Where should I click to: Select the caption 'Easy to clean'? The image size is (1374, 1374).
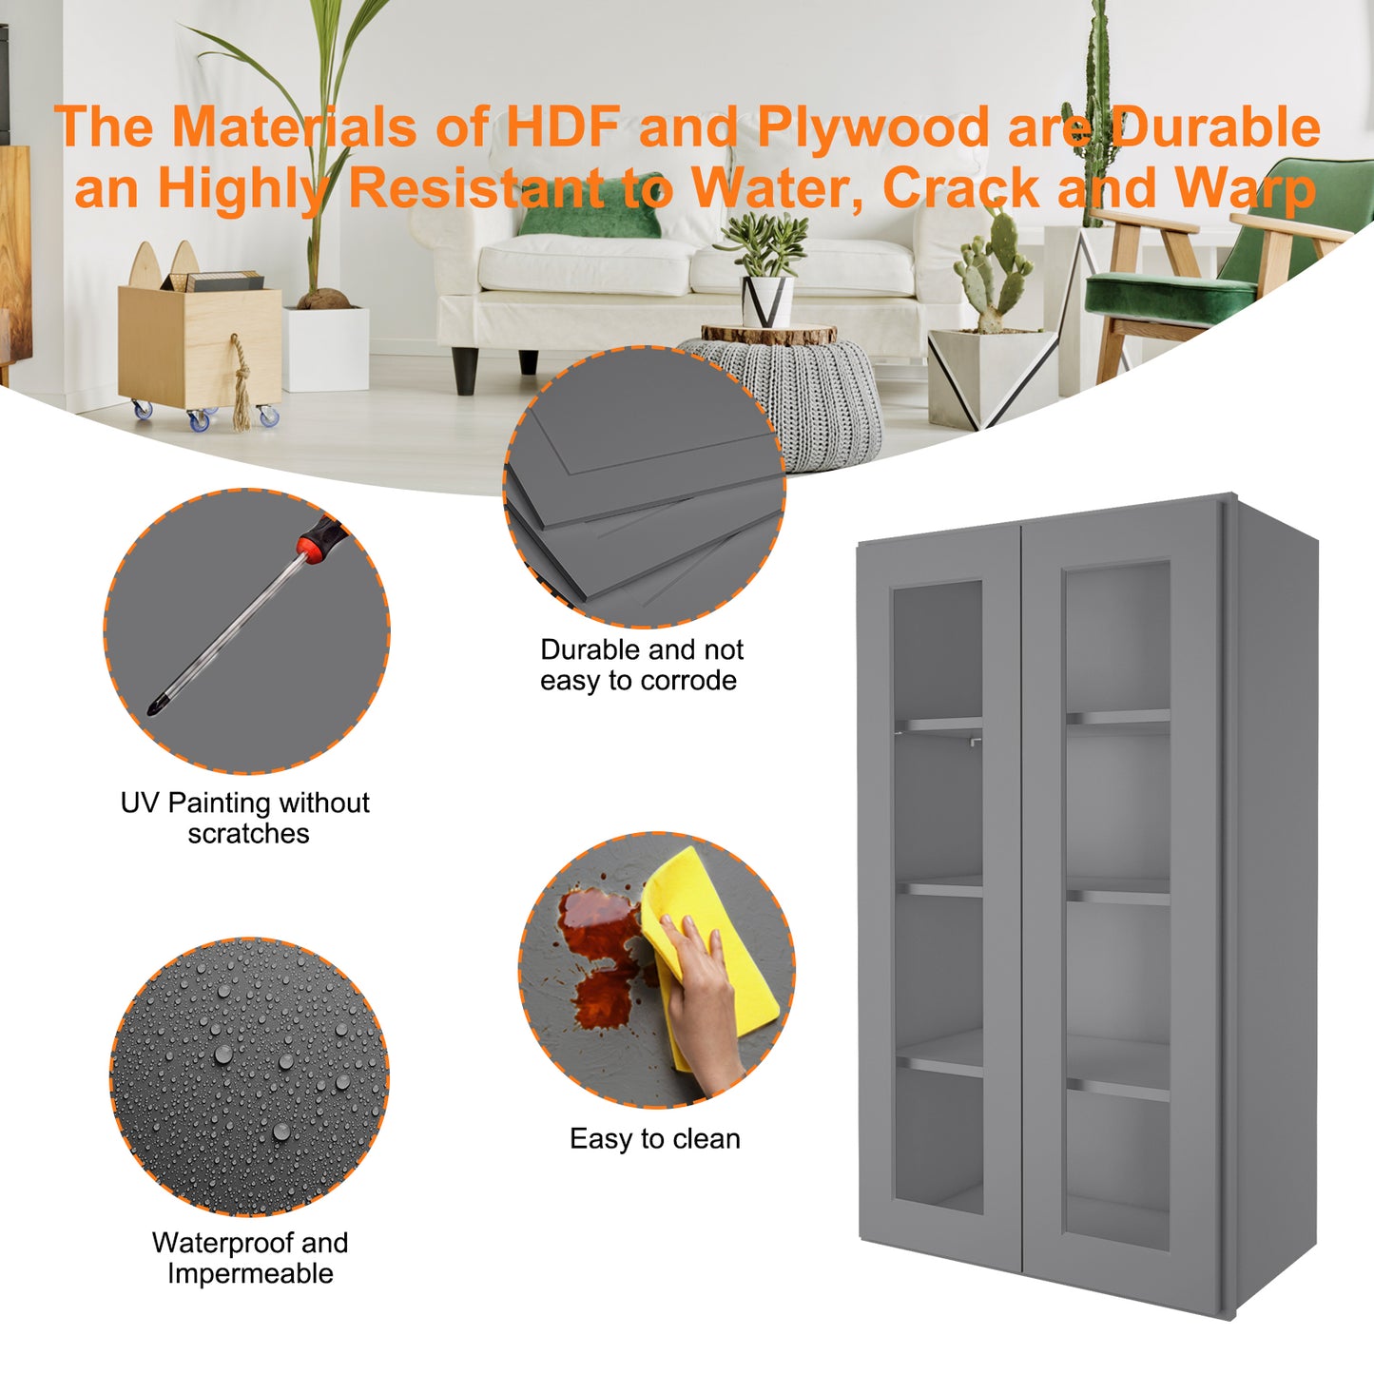click(x=654, y=1138)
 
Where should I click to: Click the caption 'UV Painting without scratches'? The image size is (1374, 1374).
click(x=245, y=818)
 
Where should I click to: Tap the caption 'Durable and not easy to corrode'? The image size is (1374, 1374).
click(x=641, y=665)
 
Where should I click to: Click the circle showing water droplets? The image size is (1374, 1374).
click(x=249, y=1076)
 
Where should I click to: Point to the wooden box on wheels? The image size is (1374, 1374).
click(x=200, y=349)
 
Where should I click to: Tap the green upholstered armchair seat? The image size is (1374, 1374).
click(x=1170, y=296)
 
